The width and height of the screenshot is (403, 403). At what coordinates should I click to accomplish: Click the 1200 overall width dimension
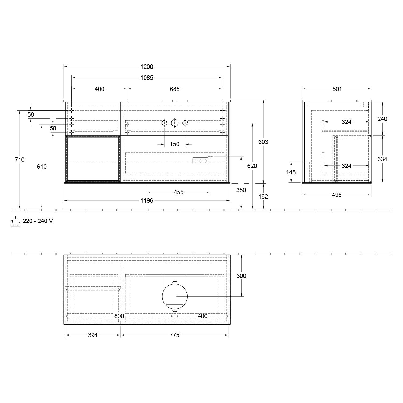147,67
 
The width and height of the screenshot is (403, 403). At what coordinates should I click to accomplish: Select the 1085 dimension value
147,78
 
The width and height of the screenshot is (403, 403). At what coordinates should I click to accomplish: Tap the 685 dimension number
175,89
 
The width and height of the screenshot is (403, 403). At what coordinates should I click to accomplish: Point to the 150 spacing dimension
175,144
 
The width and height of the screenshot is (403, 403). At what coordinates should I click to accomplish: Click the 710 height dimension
20,160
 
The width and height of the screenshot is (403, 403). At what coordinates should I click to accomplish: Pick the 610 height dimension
42,167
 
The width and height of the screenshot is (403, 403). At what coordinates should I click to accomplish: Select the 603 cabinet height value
263,142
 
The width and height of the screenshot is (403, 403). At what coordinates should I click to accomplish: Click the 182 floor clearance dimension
263,196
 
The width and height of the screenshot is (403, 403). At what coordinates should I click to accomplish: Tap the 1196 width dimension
147,200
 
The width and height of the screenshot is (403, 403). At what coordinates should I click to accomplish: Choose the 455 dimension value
179,192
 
